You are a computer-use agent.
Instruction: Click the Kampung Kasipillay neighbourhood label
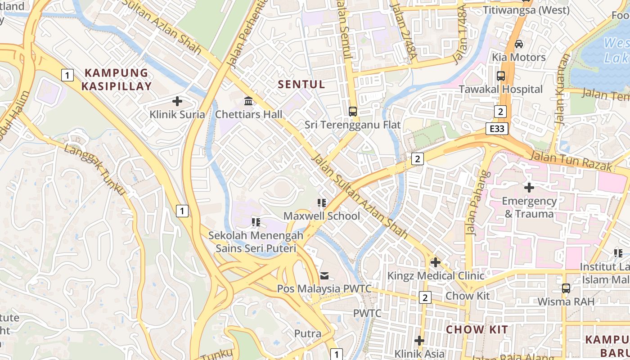116,79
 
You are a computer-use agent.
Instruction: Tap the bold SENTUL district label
301,84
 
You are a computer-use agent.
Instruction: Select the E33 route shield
497,129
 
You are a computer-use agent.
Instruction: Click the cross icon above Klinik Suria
177,101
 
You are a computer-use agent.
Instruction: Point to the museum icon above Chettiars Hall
248,101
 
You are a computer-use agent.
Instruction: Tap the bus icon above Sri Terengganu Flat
353,111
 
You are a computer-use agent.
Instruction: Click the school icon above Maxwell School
321,203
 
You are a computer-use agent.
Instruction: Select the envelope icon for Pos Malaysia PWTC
324,275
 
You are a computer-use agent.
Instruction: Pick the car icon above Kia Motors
518,44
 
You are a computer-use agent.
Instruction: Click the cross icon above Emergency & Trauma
529,187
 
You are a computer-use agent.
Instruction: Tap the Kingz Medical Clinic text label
436,275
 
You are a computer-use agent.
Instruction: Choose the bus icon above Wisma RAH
566,288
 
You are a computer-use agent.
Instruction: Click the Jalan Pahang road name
477,203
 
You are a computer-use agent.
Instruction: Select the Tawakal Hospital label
500,89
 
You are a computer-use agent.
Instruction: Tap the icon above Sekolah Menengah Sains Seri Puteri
256,222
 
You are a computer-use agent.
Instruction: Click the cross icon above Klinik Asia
419,341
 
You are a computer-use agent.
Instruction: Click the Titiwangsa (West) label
526,10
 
